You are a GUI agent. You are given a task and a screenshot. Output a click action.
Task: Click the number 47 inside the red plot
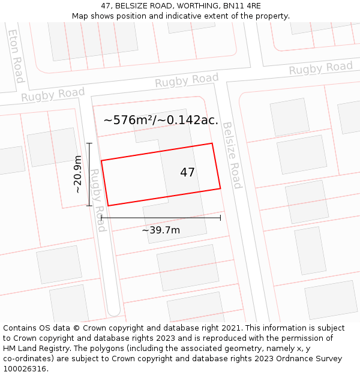pyautogui.click(x=187, y=173)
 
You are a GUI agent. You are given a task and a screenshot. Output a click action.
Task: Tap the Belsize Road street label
pyautogui.click(x=232, y=155)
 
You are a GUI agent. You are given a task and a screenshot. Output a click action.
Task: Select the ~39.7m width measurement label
pyautogui.click(x=161, y=230)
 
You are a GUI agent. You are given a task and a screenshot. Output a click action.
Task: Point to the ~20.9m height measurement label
pyautogui.click(x=77, y=174)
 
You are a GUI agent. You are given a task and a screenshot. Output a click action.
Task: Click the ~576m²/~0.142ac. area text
pyautogui.click(x=161, y=120)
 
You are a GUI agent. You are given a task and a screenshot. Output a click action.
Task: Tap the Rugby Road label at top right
pyautogui.click(x=320, y=68)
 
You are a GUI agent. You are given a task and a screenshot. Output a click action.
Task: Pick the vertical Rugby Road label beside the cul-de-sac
pyautogui.click(x=97, y=200)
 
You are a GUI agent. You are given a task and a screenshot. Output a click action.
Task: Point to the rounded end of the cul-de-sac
pyautogui.click(x=113, y=311)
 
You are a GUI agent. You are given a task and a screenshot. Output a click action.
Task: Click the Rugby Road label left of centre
pyautogui.click(x=53, y=94)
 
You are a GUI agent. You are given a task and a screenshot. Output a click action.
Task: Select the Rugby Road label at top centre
pyautogui.click(x=187, y=80)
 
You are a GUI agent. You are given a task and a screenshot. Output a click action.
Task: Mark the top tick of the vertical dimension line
pyautogui.click(x=89, y=143)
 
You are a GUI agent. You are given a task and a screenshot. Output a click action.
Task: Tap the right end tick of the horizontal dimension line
pyautogui.click(x=221, y=217)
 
